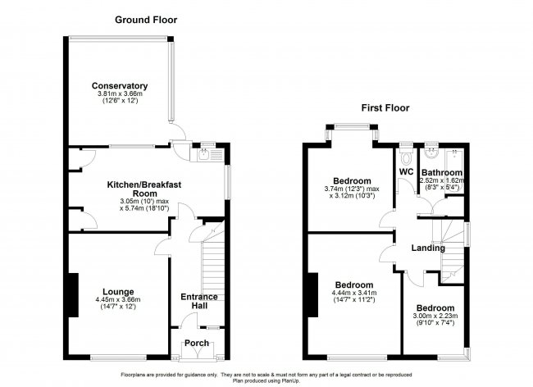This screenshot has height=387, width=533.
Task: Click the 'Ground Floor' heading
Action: pyautogui.click(x=145, y=19)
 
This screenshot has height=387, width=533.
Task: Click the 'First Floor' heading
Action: pyautogui.click(x=384, y=108)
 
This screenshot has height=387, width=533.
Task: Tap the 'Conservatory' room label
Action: pyautogui.click(x=120, y=85)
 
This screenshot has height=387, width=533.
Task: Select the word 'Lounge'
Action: pyautogui.click(x=119, y=291)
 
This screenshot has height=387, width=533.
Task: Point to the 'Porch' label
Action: pyautogui.click(x=196, y=344)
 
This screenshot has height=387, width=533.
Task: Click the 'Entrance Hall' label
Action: pyautogui.click(x=195, y=300)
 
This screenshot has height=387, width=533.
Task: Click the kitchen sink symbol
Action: pyautogui.click(x=207, y=152)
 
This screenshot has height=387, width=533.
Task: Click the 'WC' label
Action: pyautogui.click(x=405, y=172)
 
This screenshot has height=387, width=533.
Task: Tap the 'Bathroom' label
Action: pyautogui.click(x=442, y=172)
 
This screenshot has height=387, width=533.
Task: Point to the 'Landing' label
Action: pyautogui.click(x=428, y=248)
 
